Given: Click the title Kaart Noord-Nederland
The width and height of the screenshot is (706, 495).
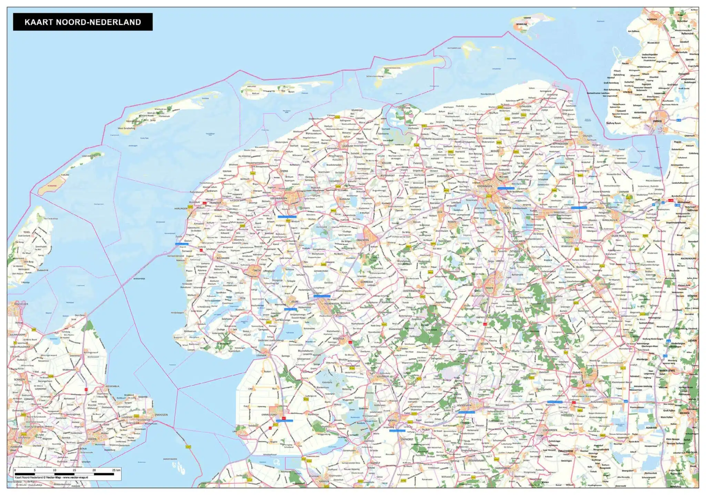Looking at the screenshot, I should point(83,22).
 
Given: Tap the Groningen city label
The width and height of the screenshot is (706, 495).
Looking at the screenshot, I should point(485,186).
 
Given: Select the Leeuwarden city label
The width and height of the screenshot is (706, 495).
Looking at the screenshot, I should point(279,198).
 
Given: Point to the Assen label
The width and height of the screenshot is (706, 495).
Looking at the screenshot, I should point(489,288).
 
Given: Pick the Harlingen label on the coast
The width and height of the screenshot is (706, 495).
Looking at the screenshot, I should point(181,208).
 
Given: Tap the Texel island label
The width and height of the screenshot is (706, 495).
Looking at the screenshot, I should point(27,232).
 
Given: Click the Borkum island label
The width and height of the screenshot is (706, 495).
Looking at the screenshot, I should point(522,25).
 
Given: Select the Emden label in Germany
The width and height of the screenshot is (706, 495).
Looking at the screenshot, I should point(657,121).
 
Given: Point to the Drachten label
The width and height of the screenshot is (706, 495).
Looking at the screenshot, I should point(363,240).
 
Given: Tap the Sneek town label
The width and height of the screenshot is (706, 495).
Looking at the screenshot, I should point(257,271).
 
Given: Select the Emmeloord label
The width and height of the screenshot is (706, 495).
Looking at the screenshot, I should point(269,414).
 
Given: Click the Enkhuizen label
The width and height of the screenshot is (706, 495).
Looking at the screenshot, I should point(161,415).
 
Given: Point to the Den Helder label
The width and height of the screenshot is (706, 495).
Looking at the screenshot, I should point(21,304).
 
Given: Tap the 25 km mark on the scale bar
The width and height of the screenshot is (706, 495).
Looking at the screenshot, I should point(116,470).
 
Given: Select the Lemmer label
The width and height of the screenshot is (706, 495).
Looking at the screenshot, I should point(261,355).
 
